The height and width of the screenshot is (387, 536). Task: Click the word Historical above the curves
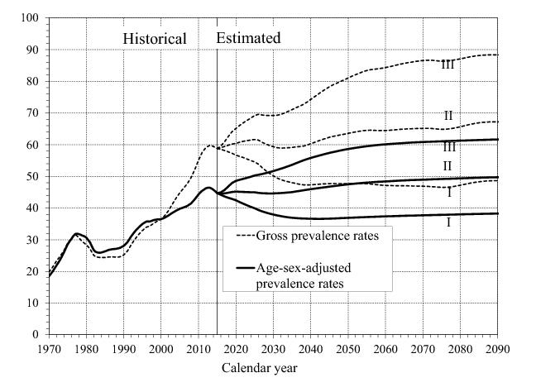point(155,38)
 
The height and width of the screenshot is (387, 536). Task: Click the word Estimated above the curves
point(248,38)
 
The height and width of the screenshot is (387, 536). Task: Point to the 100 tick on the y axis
point(31,17)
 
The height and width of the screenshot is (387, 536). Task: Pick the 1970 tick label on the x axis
point(49,347)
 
